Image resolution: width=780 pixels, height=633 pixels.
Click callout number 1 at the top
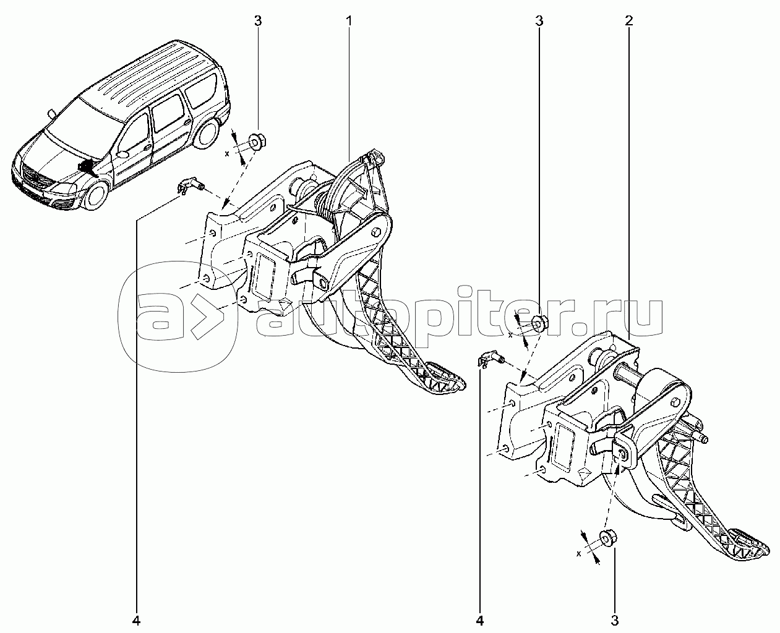coord(349,21)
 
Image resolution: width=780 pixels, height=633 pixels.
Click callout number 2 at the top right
coord(628,21)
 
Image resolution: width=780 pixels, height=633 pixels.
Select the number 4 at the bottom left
coord(136,621)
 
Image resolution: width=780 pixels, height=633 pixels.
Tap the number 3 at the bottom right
coord(615,621)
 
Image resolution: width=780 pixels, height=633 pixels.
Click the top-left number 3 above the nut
coord(258,21)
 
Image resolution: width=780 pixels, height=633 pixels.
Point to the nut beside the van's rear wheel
coord(257,142)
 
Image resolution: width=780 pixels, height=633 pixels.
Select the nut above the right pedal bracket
coord(538,324)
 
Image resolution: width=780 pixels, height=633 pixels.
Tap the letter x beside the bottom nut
coord(579,564)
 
